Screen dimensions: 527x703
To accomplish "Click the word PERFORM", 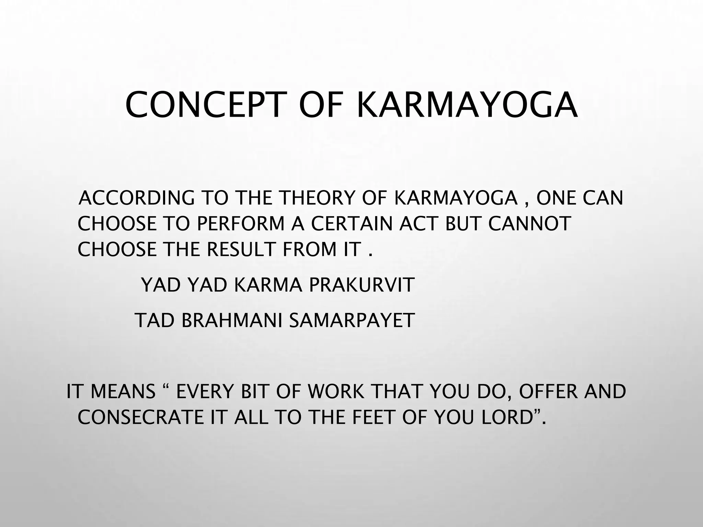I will pos(241,224).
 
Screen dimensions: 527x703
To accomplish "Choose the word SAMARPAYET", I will pos(352,320).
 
